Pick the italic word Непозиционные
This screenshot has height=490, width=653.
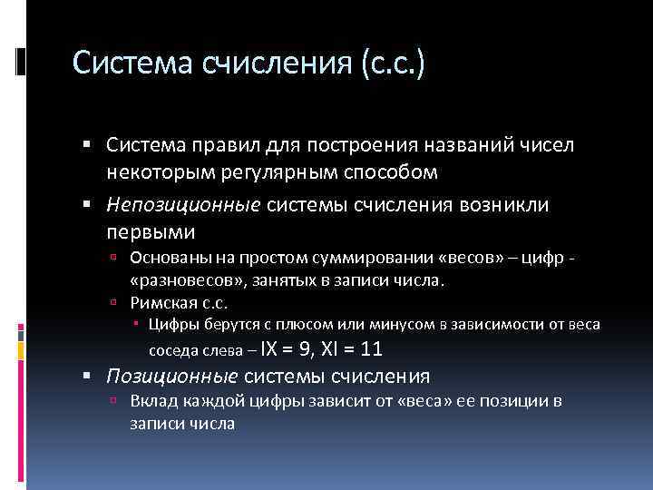(183, 205)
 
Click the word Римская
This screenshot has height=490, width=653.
(161, 303)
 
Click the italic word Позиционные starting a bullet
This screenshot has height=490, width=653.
(172, 376)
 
